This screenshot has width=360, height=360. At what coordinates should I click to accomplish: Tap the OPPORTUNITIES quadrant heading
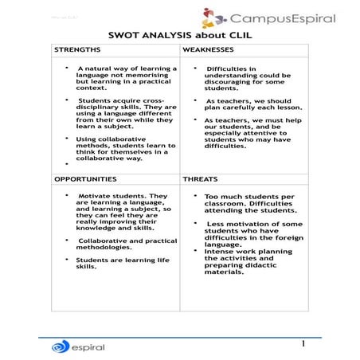pyautogui.click(x=85, y=179)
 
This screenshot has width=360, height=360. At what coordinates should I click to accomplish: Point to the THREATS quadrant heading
pyautogui.click(x=202, y=179)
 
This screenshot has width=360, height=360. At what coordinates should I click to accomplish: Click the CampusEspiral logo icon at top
pyautogui.click(x=211, y=18)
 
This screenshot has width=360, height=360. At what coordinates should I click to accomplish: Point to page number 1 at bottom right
pyautogui.click(x=303, y=343)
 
